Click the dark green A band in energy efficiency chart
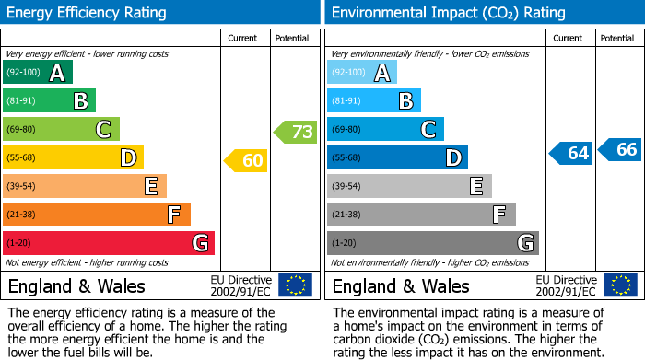tap(37, 73)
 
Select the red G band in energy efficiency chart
tap(108, 243)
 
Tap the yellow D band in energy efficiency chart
tap(73, 158)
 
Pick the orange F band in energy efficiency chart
tap(96, 215)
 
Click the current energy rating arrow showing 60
tap(246, 160)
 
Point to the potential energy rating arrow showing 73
tap(296, 132)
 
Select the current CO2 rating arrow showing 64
tap(571, 153)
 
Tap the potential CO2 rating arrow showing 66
tap(620, 149)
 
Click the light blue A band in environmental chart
tap(361, 73)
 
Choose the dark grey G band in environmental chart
tap(432, 243)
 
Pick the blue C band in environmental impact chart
tap(385, 130)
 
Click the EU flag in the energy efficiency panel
tap(295, 285)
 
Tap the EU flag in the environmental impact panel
tap(620, 285)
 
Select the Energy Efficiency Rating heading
tap(88, 13)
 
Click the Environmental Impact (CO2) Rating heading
tap(448, 13)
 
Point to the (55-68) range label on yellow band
tap(23, 158)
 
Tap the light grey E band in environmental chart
tap(409, 186)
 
